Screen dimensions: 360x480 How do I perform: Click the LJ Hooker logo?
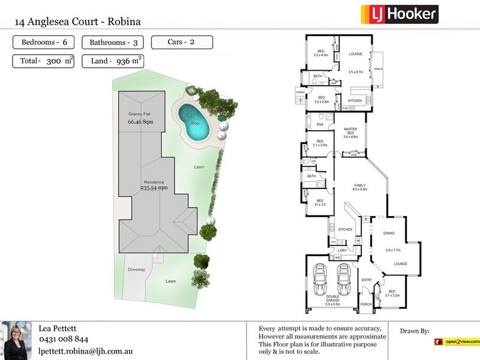pyautogui.click(x=399, y=14)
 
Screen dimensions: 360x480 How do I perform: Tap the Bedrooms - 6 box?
pyautogui.click(x=44, y=42)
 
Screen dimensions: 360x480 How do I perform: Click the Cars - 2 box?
pyautogui.click(x=181, y=42)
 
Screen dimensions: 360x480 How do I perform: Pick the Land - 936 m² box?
pyautogui.click(x=116, y=61)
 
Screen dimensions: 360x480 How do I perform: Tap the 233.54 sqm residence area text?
pyautogui.click(x=154, y=188)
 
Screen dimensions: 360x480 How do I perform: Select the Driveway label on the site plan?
pyautogui.click(x=137, y=269)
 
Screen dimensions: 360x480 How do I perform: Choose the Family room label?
pyautogui.click(x=359, y=186)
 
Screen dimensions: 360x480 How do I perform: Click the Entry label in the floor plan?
pyautogui.click(x=366, y=280)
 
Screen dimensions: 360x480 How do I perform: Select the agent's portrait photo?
pyautogui.click(x=16, y=341)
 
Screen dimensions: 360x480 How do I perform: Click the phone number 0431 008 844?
pyautogui.click(x=63, y=340)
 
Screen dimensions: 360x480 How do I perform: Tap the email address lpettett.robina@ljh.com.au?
pyautogui.click(x=85, y=350)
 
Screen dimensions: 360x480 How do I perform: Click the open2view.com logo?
pyautogui.click(x=457, y=342)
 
